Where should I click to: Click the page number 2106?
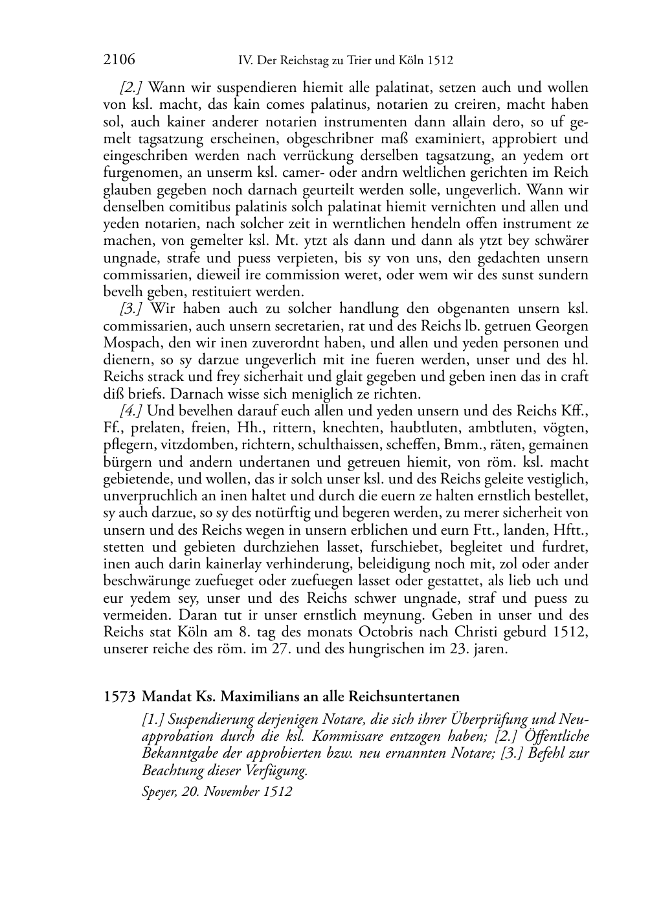pos(119,61)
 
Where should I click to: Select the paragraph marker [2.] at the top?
pos(131,87)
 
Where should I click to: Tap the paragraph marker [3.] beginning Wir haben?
pos(131,309)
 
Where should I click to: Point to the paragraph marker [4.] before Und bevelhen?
pos(131,411)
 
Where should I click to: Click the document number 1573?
pos(119,697)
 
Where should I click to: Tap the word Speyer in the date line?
pos(157,792)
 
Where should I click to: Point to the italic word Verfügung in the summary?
pos(275,771)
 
